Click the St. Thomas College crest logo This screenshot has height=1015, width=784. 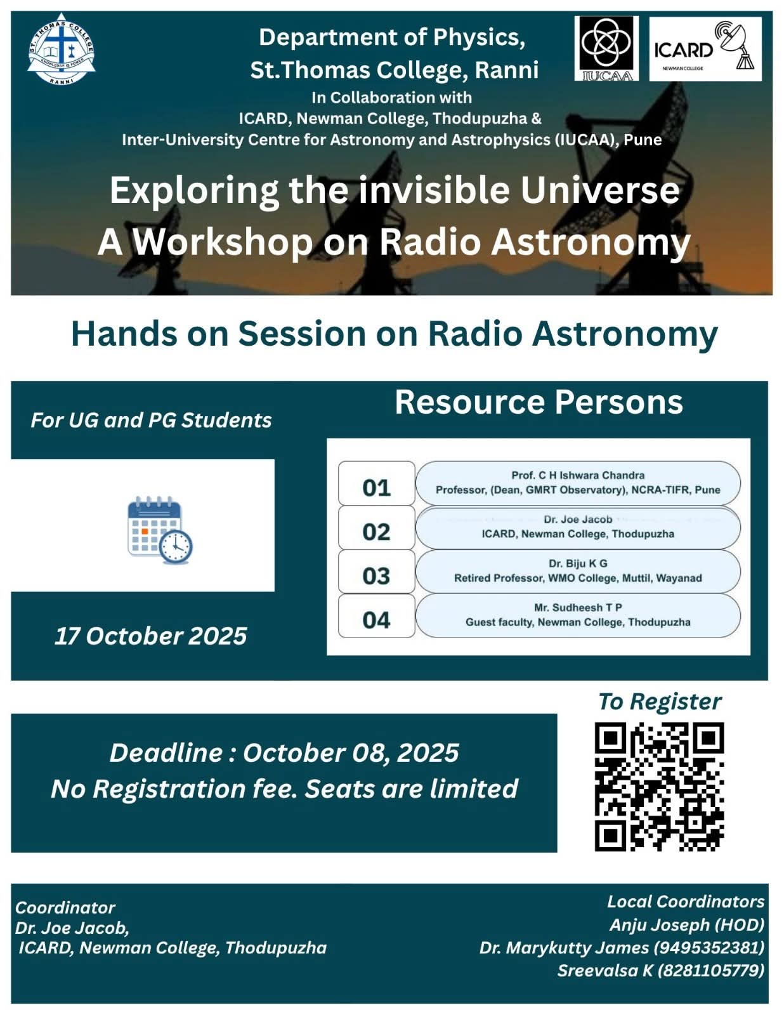click(x=61, y=49)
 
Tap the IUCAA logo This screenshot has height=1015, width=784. click(x=606, y=49)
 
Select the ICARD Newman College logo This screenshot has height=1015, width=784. click(x=705, y=49)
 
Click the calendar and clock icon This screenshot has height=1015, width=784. click(x=160, y=530)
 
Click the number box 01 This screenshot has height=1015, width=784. click(x=376, y=483)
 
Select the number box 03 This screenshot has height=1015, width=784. click(x=376, y=572)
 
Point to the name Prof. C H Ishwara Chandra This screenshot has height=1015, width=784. click(x=578, y=475)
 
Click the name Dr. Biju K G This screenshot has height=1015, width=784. click(x=578, y=563)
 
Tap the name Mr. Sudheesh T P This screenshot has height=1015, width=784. click(x=578, y=607)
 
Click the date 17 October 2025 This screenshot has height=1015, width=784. click(x=151, y=636)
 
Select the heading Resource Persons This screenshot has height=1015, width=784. click(x=539, y=402)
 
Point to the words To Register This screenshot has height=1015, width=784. click(x=660, y=702)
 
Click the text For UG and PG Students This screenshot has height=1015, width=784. click(x=152, y=420)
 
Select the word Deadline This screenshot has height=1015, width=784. click(x=166, y=752)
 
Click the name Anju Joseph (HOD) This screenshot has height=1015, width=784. click(x=687, y=924)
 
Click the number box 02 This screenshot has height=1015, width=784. click(x=376, y=527)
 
